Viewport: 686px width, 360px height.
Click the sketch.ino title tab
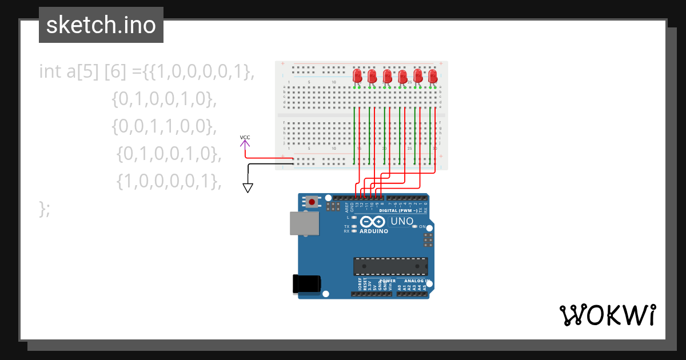[101, 25]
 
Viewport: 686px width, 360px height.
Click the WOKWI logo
[607, 315]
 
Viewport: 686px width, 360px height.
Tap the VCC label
[245, 137]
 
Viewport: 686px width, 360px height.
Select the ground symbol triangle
[248, 187]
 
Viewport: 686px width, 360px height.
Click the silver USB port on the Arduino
[305, 223]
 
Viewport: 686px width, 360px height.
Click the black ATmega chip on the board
[390, 266]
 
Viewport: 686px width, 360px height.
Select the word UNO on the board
[401, 221]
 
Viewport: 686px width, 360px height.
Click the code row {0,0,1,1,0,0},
[165, 126]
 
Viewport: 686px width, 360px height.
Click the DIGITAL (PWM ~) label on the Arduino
[399, 211]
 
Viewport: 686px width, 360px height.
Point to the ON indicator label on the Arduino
[422, 227]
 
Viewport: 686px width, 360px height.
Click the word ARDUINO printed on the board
[374, 231]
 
